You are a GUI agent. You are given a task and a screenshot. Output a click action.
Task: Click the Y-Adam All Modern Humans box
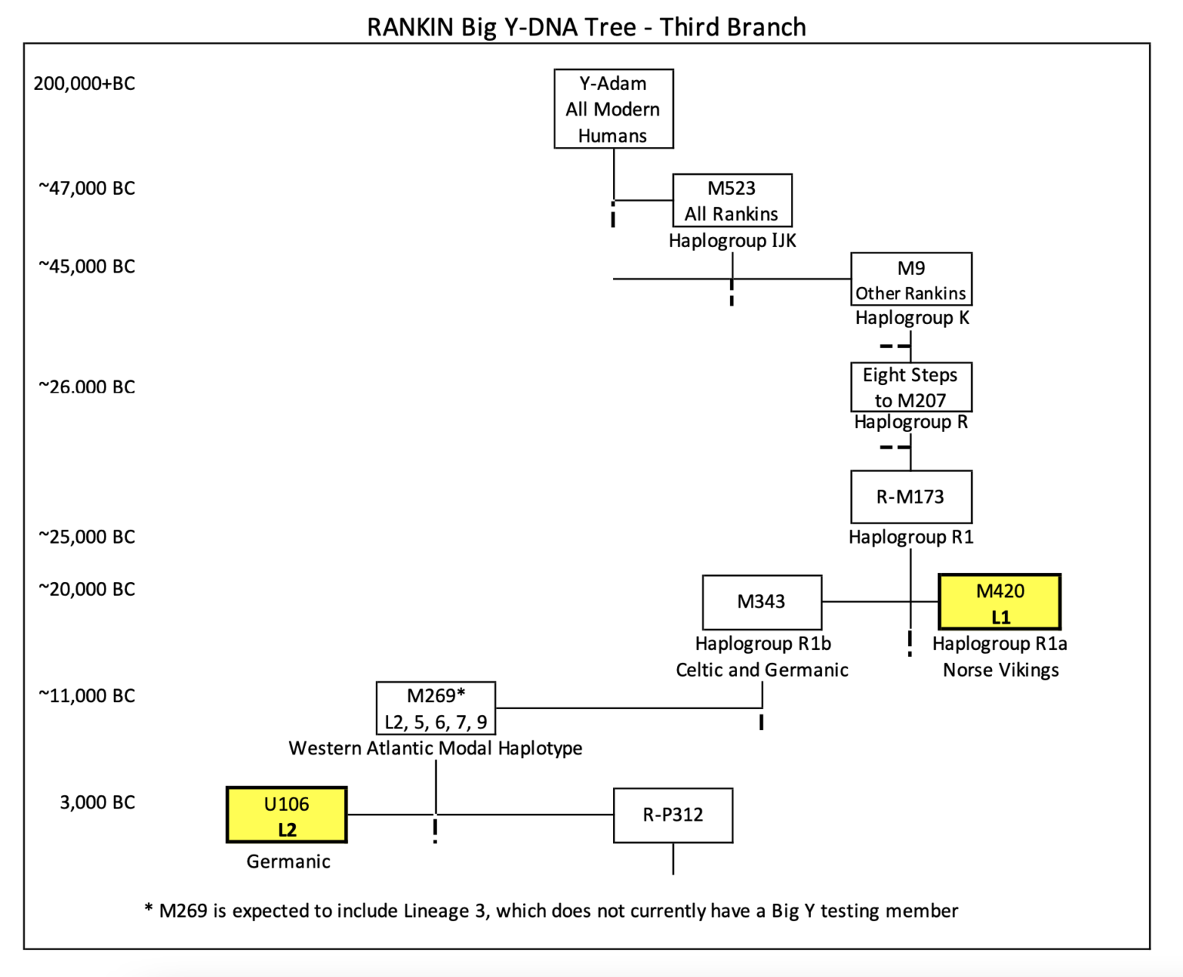coord(613,109)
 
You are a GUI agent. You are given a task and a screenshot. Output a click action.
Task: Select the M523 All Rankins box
coord(732,200)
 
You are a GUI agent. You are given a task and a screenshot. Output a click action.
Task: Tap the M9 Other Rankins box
coord(910,279)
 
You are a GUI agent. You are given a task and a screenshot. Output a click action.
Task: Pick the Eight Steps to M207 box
coord(910,387)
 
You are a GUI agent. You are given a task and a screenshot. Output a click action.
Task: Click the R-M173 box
coord(910,497)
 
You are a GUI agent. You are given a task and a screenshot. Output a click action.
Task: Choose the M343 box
coord(761,601)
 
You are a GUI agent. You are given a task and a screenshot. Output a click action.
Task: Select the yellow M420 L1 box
coord(1000,602)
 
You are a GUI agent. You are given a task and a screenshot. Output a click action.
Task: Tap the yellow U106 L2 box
coord(287,815)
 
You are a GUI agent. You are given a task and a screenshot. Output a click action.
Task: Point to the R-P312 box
coord(672,815)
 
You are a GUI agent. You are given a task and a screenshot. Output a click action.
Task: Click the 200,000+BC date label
coord(84,83)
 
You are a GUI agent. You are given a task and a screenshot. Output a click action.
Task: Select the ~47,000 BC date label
coord(86,188)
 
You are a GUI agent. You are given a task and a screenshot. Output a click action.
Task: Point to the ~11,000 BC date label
coord(86,695)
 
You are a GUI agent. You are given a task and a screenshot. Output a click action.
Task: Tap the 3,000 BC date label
coord(97,802)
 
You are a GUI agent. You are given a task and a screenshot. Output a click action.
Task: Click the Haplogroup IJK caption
coord(732,241)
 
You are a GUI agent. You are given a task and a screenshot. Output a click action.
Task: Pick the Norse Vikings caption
coord(1000,670)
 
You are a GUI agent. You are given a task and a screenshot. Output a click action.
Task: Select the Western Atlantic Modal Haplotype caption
coord(435,748)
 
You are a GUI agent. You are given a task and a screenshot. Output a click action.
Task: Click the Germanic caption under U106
coord(288,862)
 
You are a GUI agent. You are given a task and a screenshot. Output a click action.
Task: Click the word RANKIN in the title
coord(411,27)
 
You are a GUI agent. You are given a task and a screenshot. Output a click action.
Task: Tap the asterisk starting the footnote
coord(149,909)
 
